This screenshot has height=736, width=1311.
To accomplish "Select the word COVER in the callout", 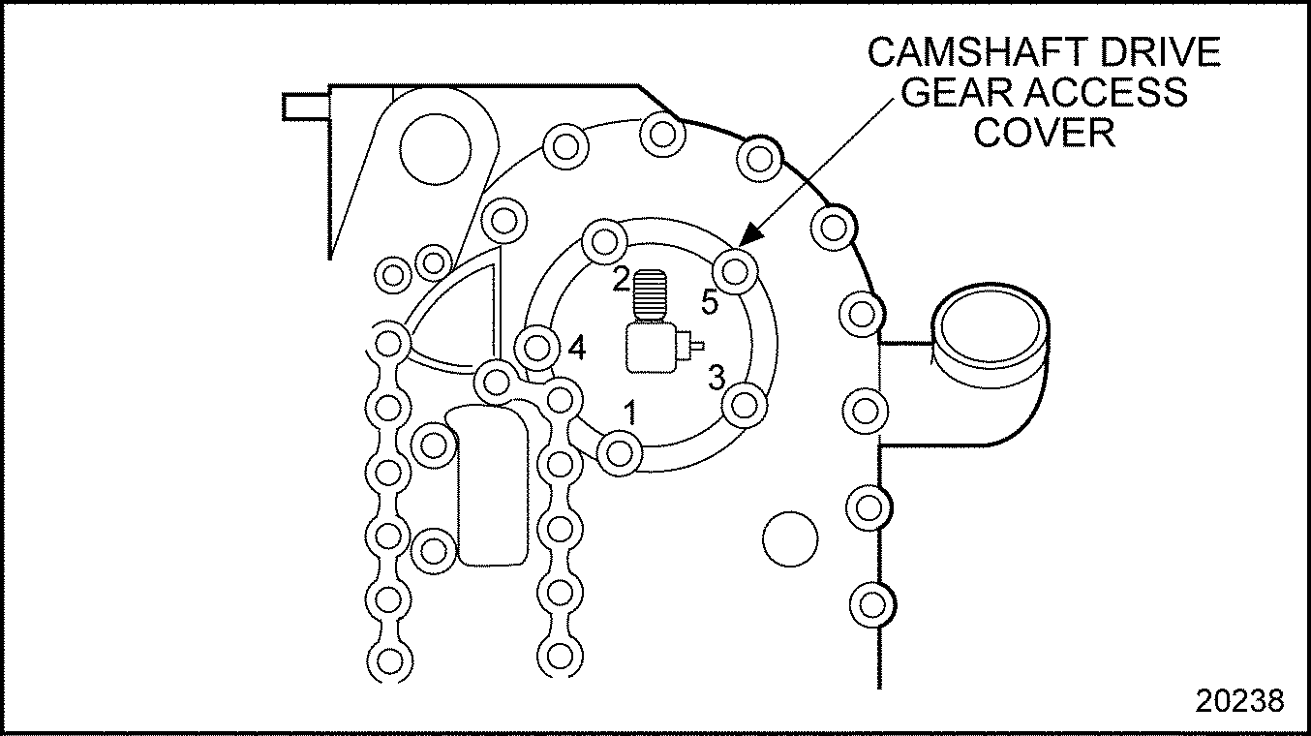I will click(x=1044, y=132).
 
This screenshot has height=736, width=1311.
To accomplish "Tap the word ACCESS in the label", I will click(x=1108, y=93).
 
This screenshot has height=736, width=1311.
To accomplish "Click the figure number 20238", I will click(x=1239, y=700).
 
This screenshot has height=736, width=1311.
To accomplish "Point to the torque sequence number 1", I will click(x=630, y=414).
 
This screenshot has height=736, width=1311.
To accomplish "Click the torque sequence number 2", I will click(x=621, y=281).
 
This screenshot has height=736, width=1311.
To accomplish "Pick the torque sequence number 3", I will click(x=716, y=377).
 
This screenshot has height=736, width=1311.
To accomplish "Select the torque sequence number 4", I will click(x=576, y=347).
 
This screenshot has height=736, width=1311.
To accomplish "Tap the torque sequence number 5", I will click(x=710, y=303).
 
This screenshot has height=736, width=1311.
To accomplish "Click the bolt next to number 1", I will click(x=620, y=451).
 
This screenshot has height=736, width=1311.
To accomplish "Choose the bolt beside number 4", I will click(x=537, y=344).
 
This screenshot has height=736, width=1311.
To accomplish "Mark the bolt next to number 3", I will click(x=744, y=403).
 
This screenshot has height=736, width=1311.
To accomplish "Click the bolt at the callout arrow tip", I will click(x=735, y=268).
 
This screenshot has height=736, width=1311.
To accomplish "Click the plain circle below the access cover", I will click(x=790, y=540).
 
